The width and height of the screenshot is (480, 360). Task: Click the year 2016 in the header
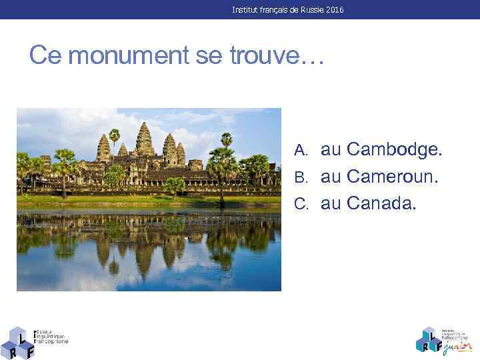(x=335, y=9)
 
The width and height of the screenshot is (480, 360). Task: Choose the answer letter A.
(x=301, y=151)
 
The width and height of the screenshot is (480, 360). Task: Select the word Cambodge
(x=381, y=151)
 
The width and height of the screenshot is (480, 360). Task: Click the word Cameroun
(x=381, y=177)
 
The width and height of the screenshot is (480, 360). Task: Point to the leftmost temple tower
(x=103, y=147)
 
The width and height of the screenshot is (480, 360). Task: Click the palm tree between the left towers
(x=115, y=136)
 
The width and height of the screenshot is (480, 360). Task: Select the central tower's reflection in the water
(x=144, y=257)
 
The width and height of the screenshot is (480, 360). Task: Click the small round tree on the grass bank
(x=175, y=184)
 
